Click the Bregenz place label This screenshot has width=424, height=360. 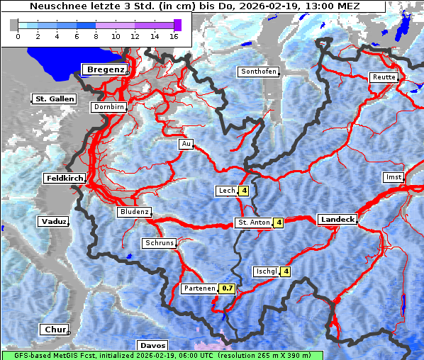106,69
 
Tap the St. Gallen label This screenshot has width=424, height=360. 54,99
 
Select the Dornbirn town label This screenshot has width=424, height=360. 108,108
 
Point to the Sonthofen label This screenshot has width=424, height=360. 259,72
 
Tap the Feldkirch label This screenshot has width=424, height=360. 65,179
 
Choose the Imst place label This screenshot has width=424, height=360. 392,176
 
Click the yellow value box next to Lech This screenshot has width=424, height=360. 243,191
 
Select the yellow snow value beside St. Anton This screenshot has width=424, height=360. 279,223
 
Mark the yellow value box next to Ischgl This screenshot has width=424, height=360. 286,271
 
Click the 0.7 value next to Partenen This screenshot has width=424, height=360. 227,288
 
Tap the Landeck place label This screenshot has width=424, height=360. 337,220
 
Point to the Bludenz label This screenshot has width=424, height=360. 134,212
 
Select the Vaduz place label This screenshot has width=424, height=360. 54,222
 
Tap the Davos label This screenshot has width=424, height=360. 152,345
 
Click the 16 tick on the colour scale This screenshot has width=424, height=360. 173,36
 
